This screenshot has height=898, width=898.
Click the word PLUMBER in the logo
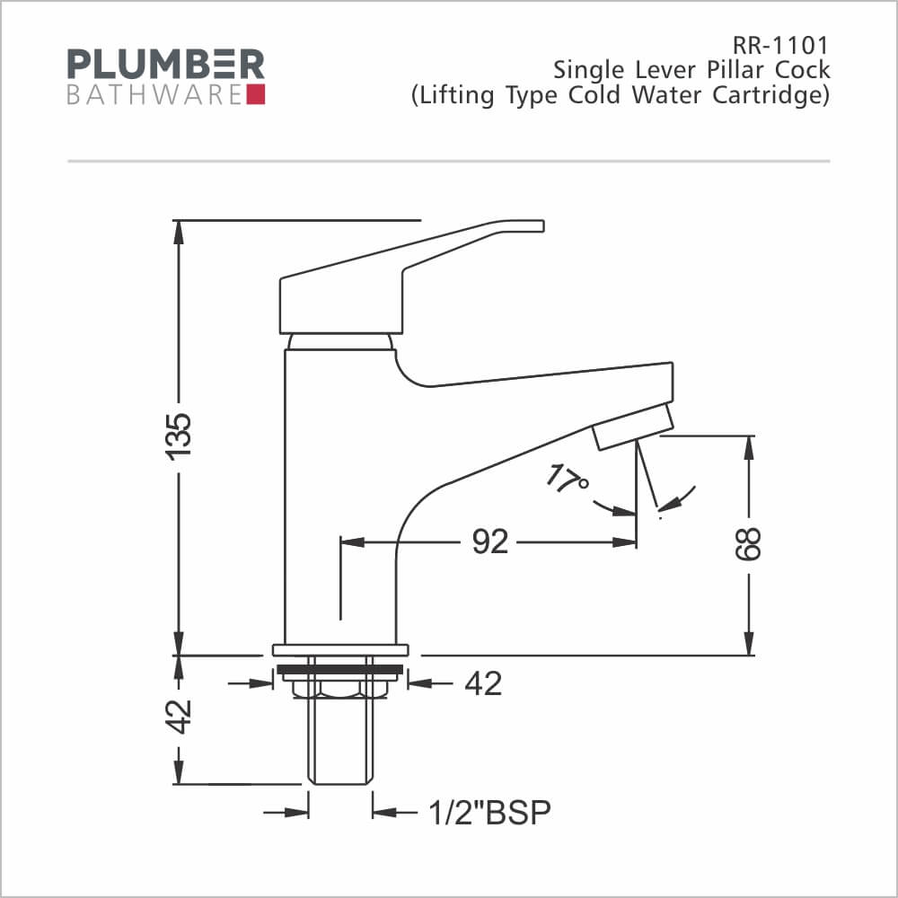166,65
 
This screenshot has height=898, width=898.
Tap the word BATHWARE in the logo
154,94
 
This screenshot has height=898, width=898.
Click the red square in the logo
255,94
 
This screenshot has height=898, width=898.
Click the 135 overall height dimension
179,435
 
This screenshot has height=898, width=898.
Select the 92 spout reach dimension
489,542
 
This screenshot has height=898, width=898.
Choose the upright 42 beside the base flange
483,684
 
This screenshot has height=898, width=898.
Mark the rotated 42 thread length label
180,716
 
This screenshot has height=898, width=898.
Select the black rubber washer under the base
340,669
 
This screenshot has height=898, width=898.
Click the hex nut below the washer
340,686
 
